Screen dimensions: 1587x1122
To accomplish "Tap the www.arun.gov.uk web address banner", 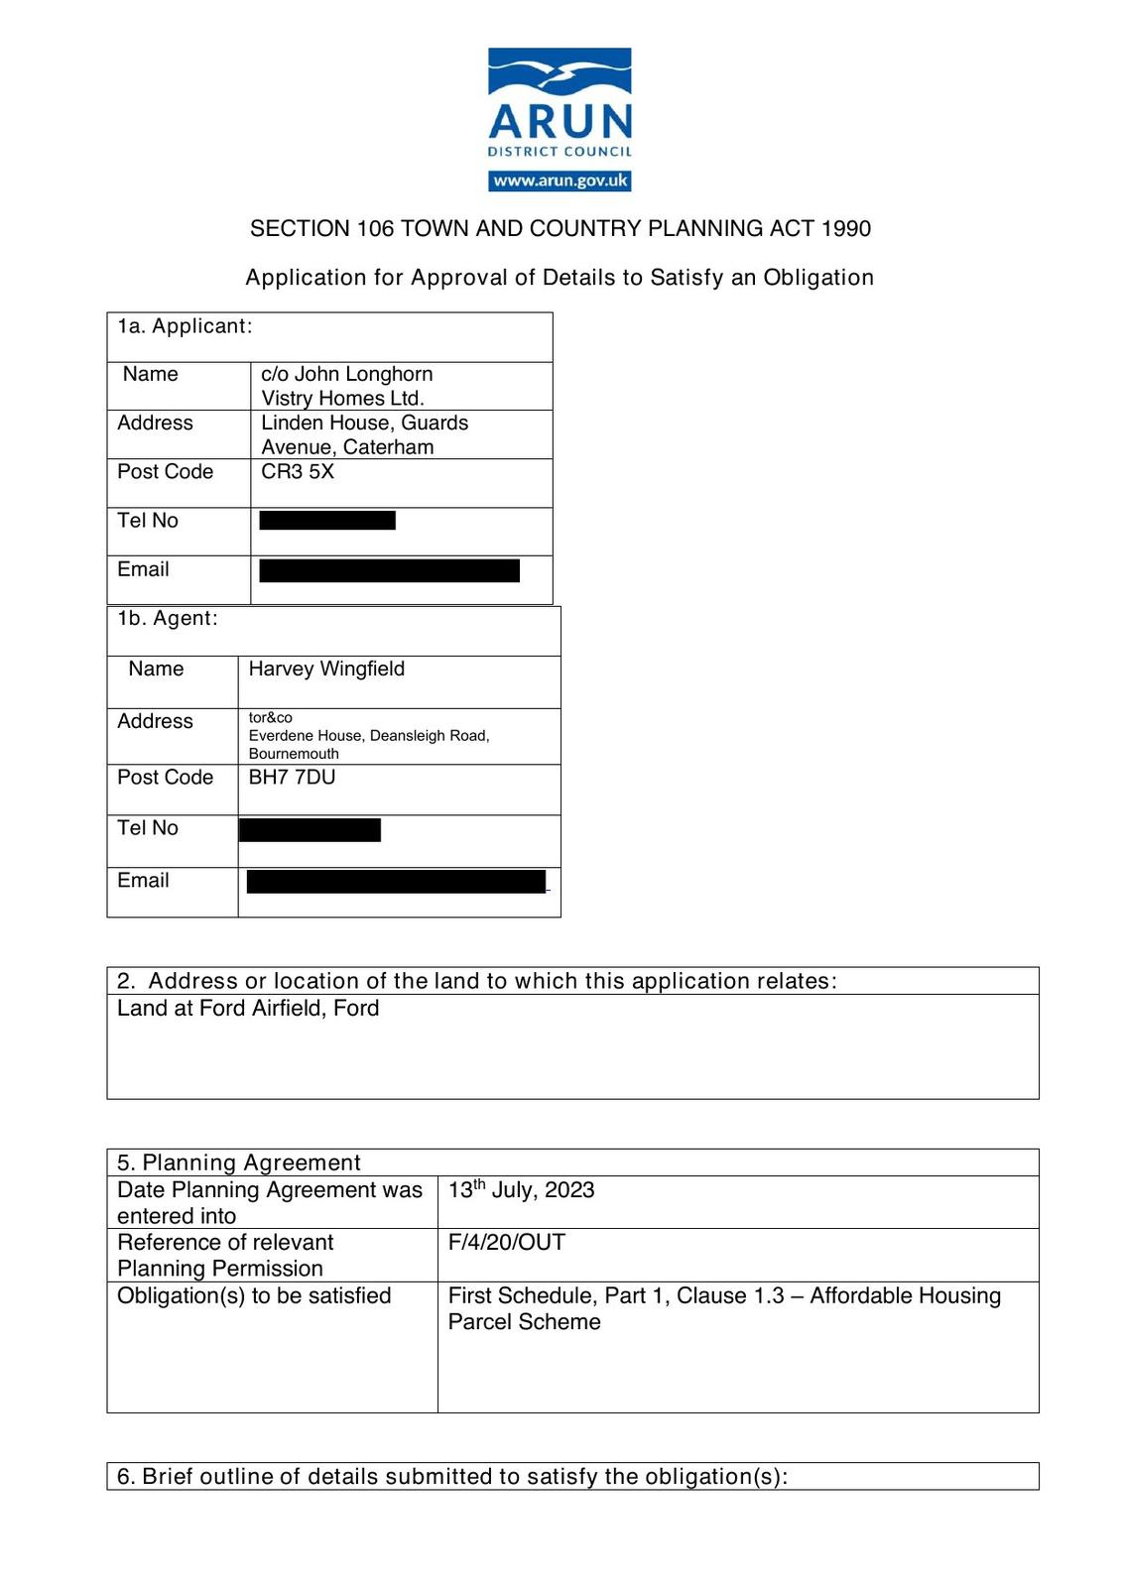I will click(560, 181).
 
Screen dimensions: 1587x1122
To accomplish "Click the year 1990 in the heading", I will click(845, 229).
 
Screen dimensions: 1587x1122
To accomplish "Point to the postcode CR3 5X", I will click(298, 471).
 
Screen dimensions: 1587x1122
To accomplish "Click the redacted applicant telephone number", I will click(327, 520).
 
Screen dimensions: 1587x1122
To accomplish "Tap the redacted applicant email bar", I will click(389, 570).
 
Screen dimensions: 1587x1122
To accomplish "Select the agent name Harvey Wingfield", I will click(326, 669).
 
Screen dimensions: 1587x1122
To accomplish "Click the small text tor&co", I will click(270, 717).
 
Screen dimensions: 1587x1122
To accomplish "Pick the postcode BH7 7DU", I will click(292, 777).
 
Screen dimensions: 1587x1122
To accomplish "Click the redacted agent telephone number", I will click(310, 829).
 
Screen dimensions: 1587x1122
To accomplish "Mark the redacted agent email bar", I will click(396, 881).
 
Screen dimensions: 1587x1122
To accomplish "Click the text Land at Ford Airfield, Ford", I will click(248, 1008).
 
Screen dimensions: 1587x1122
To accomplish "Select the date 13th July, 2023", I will click(521, 1189).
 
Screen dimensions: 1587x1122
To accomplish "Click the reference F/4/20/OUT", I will click(506, 1242).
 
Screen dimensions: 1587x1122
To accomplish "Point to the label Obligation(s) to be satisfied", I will click(254, 1295).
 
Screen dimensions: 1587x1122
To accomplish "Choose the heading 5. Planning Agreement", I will click(238, 1162).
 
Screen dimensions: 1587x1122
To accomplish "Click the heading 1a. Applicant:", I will click(185, 326).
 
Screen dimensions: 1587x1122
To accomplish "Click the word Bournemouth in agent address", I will click(294, 754).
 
